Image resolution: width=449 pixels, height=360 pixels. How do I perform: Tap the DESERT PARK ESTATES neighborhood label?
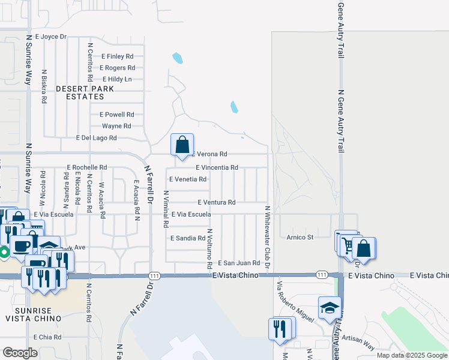(x=85, y=92)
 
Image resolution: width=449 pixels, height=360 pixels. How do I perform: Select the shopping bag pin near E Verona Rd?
(x=182, y=145)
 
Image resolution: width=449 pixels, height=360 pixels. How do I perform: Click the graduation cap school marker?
(x=329, y=308)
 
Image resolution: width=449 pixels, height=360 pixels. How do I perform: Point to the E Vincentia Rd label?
(x=217, y=167)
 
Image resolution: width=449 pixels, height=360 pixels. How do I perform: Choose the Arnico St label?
(x=300, y=238)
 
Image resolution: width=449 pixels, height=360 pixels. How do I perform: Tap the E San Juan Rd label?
(x=238, y=263)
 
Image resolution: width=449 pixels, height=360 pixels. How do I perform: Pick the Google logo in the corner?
(x=20, y=352)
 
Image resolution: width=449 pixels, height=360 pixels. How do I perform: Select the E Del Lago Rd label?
(x=96, y=137)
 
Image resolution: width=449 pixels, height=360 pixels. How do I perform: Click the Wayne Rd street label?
(x=116, y=126)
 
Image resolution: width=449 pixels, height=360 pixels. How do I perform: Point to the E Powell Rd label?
(x=116, y=114)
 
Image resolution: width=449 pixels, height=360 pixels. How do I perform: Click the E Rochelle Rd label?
(x=87, y=167)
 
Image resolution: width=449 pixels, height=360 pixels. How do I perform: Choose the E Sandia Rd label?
(x=188, y=238)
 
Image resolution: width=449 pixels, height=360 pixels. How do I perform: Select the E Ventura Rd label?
(x=215, y=203)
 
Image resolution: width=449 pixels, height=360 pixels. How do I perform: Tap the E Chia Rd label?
(x=47, y=337)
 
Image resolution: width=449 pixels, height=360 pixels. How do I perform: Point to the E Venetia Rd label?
(x=188, y=179)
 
